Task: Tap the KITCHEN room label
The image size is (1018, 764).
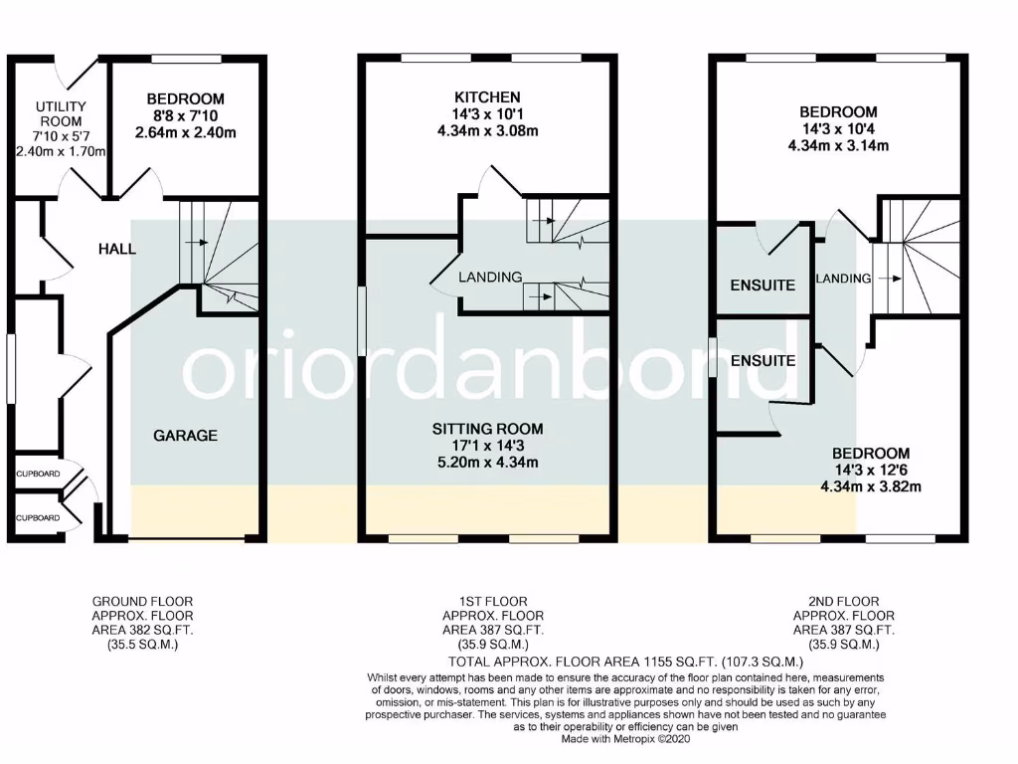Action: click(x=487, y=97)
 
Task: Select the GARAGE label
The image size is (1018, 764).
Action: click(x=185, y=436)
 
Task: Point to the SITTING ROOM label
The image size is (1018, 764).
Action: click(x=487, y=429)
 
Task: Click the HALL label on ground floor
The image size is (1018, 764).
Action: click(x=116, y=249)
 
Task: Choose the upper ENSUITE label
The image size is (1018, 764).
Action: click(x=763, y=286)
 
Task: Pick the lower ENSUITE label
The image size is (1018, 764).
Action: click(x=763, y=360)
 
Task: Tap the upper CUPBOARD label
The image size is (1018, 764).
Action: click(x=37, y=474)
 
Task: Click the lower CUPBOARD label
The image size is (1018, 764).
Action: click(x=37, y=517)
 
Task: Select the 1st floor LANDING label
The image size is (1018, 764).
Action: click(x=490, y=278)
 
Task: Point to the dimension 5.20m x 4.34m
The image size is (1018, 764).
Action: click(x=487, y=462)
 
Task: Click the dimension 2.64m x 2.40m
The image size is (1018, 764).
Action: click(x=186, y=132)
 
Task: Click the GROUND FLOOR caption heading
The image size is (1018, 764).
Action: click(x=142, y=601)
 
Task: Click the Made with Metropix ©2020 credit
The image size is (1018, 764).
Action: click(x=623, y=739)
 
